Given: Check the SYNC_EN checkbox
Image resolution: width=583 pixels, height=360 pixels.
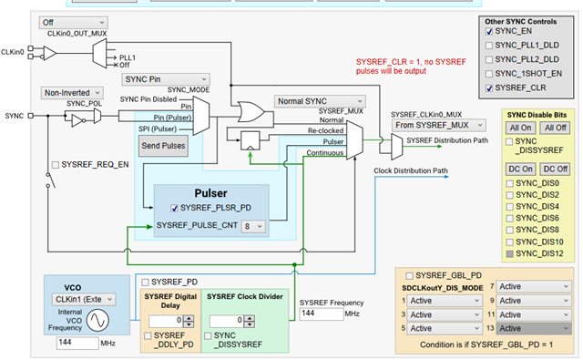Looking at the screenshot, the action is point(489,32).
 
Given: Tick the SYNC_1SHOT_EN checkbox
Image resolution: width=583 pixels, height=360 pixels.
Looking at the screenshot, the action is point(489,74).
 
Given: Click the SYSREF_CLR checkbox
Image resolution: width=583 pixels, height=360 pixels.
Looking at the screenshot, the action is point(489,88).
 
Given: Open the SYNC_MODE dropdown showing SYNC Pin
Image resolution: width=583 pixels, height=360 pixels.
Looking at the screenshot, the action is point(166,79).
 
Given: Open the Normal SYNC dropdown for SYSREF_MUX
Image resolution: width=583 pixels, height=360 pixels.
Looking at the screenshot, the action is point(320,101).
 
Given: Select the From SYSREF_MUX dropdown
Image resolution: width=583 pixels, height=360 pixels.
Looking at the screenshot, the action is point(439,126).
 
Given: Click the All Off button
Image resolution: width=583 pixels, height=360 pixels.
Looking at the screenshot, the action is point(556,128).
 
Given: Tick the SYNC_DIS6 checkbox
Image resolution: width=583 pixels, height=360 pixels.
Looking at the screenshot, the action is point(510,219).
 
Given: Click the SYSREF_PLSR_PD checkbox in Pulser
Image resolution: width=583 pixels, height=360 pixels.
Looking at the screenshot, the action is point(174,209).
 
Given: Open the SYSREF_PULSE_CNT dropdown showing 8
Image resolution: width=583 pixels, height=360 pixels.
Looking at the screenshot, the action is point(253,226).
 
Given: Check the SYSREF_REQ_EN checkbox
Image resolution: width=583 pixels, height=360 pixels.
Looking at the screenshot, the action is point(56,165).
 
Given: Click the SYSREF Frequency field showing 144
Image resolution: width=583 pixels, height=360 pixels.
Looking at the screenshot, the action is point(322,314).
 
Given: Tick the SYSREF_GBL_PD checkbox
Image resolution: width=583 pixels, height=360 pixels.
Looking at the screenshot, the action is point(409,275).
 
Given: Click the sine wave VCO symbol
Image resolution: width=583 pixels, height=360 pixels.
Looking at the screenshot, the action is point(97,320).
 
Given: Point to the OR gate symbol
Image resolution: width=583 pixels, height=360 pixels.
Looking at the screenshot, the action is point(251,111).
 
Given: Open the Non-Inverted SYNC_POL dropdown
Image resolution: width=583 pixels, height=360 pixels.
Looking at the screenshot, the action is point(72,93).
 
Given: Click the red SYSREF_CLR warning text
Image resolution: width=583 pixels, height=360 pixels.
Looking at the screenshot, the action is point(411,67).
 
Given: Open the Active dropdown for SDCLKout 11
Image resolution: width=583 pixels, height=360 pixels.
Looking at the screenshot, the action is point(534,315).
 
